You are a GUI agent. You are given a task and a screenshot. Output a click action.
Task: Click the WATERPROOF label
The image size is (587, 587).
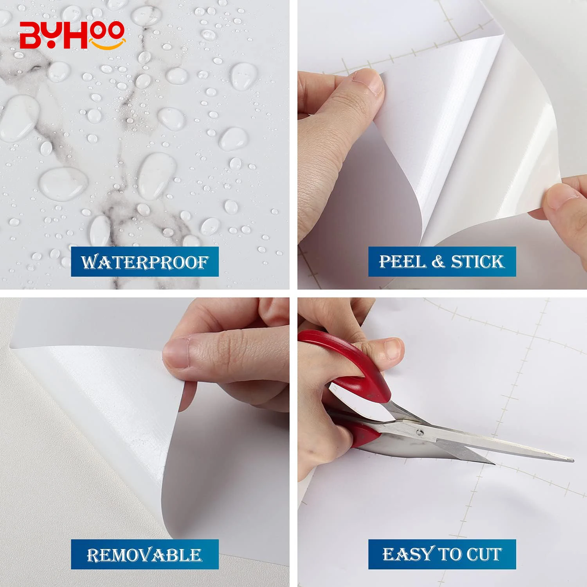pos(144,262)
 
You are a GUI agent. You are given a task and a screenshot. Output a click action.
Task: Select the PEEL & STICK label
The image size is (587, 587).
pos(442,261)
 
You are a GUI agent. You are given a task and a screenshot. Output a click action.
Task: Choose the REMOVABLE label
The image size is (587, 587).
pos(144,555)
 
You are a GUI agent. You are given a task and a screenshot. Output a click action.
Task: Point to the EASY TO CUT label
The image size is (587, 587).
pos(442,554)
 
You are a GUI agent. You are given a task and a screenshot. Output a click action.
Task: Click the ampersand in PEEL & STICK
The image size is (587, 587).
pos(438,261)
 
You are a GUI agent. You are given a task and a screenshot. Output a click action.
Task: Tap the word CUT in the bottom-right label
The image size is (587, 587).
pos(484,554)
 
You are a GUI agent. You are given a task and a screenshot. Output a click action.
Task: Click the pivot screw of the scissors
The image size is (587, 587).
pos(420,432)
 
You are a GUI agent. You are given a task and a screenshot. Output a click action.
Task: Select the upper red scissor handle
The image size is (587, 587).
pos(352,364)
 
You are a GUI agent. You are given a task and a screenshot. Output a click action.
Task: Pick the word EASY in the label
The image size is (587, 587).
pos(408,554)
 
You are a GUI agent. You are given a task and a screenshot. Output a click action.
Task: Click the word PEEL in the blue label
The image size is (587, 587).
pos(402,261)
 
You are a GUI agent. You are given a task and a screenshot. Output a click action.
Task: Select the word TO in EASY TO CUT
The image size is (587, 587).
pos(450,554)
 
